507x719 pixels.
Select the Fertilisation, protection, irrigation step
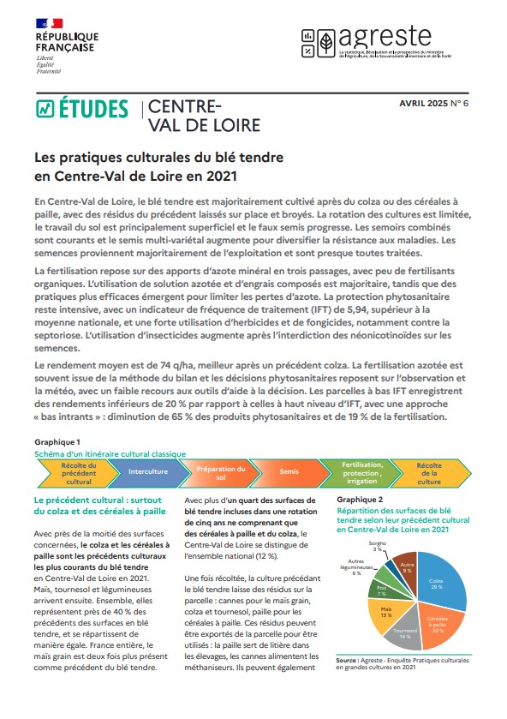(360, 471)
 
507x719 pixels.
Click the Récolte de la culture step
(428, 471)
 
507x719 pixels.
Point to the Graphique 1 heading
(57, 441)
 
